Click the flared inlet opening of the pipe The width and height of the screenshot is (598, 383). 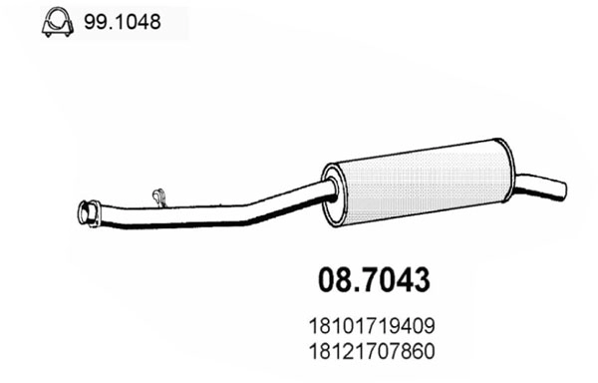pos(84,211)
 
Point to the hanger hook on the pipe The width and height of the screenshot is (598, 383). pos(155,195)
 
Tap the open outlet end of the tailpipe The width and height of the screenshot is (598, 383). pos(561,188)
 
